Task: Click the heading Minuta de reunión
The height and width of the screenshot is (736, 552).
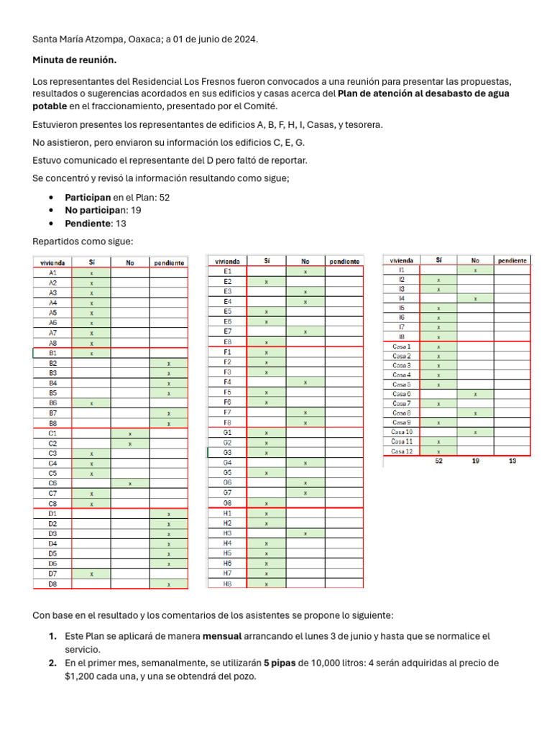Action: [74, 60]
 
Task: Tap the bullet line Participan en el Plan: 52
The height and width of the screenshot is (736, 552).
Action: [117, 197]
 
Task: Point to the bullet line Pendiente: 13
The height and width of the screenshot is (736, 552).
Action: [95, 224]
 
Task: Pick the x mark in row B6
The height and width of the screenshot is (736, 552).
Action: [91, 403]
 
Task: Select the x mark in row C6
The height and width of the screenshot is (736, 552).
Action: [130, 484]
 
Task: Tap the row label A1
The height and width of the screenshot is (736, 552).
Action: [52, 273]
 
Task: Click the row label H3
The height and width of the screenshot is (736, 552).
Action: [227, 533]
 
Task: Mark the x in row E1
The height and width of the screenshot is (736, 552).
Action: [305, 272]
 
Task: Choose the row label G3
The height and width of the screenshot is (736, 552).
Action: [227, 453]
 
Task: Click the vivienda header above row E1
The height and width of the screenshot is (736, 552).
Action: [227, 261]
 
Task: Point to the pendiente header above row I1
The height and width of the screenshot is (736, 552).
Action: [512, 260]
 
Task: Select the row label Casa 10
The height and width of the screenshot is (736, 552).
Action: [401, 432]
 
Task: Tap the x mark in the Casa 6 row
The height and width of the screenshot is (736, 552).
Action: [476, 394]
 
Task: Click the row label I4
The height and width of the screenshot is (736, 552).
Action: [402, 298]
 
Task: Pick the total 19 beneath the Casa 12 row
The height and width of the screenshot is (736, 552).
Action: [476, 461]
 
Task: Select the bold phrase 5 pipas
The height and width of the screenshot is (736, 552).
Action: [277, 663]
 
